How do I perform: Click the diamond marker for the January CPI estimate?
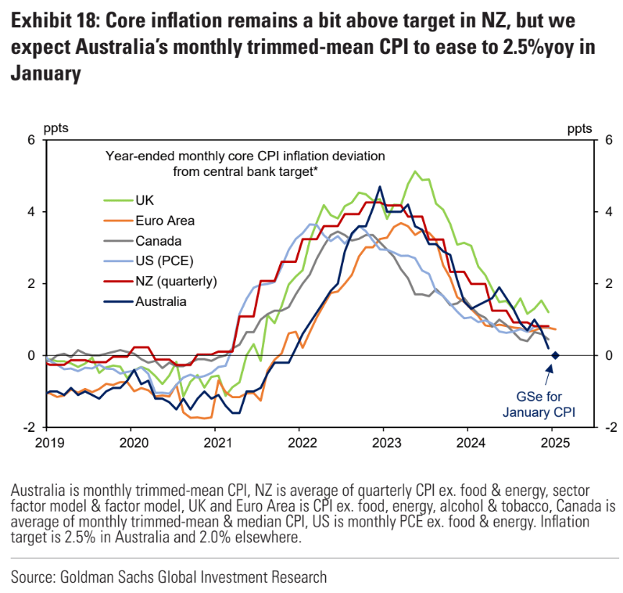click(554, 355)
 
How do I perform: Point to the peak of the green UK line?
click(415, 171)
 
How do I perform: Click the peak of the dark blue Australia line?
click(380, 186)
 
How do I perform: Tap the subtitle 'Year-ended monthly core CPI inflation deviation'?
click(245, 156)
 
